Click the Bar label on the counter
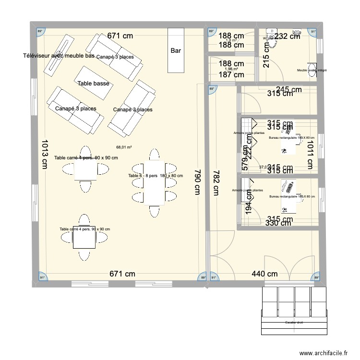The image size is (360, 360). click(176, 50)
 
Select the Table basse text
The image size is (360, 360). click(94, 84)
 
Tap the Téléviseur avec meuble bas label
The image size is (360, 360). click(59, 56)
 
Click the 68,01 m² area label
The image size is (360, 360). click(124, 148)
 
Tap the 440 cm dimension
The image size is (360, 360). click(265, 274)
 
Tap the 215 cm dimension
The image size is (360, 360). click(267, 61)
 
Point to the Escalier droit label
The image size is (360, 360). click(293, 323)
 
